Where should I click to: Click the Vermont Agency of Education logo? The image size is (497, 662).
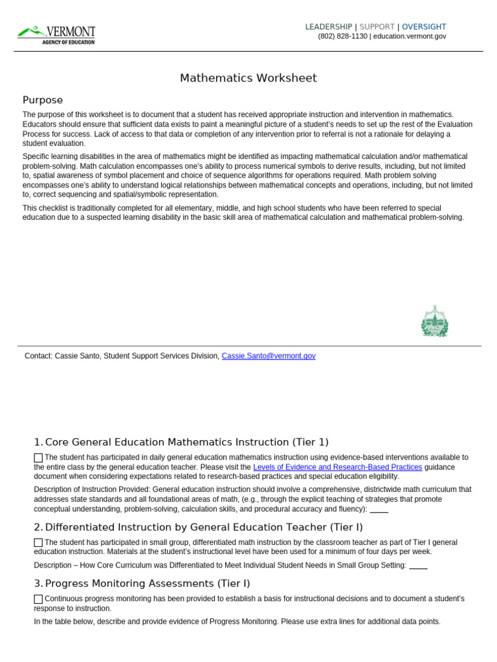pos(56,34)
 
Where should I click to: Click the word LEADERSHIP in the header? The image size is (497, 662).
pos(329,27)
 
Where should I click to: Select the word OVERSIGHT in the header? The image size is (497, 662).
pos(424,27)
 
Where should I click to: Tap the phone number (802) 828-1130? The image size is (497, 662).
pos(342,36)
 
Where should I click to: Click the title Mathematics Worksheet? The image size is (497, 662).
pos(248,78)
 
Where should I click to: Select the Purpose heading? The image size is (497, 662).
pos(43,100)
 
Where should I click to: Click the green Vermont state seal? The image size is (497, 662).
pos(434,321)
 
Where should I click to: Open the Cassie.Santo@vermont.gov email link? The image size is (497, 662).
pos(269,356)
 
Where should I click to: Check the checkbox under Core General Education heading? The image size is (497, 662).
pos(38,458)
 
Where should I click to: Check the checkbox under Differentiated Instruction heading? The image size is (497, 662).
pos(38,543)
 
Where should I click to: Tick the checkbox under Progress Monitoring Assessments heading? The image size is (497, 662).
pos(38,599)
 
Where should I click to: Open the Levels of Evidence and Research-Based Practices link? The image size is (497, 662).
pos(337,467)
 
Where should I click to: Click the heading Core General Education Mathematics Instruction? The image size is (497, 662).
pos(186,442)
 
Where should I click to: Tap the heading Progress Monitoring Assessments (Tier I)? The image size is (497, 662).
pos(148,583)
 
